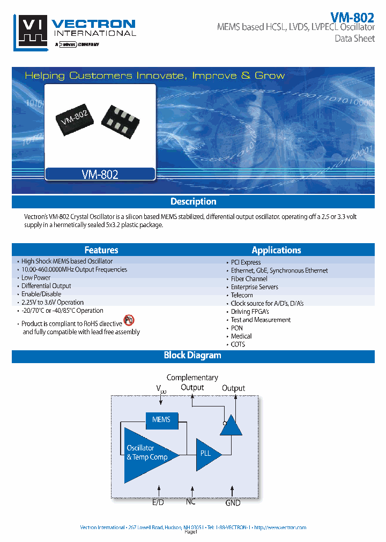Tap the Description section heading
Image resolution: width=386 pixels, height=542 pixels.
[x=193, y=202]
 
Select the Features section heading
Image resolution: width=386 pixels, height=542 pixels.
[x=101, y=250]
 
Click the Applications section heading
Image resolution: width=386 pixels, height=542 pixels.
[x=276, y=250]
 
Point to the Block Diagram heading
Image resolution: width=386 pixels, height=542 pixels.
[x=192, y=355]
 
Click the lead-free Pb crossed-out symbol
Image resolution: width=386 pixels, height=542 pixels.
[x=129, y=320]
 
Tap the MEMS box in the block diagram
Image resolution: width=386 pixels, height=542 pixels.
[x=161, y=419]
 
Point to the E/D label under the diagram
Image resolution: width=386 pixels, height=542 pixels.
[x=158, y=502]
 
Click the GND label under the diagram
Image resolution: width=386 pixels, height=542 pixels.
[x=233, y=502]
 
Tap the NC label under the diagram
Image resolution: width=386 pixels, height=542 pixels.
[x=191, y=501]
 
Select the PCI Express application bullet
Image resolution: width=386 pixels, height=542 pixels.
[x=246, y=262]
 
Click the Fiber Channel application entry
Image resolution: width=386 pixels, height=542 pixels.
[x=249, y=279]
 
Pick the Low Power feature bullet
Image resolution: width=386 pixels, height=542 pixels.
[x=36, y=277]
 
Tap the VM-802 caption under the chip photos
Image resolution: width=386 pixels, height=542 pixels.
[x=100, y=174]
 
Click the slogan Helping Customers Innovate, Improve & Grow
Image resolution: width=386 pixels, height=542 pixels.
[x=155, y=76]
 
